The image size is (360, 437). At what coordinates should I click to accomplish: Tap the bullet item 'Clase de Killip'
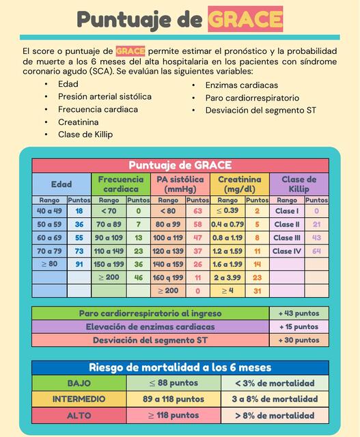point(85,135)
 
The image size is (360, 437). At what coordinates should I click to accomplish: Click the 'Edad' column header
point(61,184)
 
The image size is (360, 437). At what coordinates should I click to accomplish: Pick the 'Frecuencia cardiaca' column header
point(121,184)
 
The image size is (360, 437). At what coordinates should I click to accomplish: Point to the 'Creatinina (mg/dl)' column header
point(240,184)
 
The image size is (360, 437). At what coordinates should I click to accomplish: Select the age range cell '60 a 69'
point(49,238)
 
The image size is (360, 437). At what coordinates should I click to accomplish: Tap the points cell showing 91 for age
point(79,264)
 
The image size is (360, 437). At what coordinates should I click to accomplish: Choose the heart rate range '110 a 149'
point(109,251)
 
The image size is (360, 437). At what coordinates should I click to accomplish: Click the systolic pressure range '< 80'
point(168,211)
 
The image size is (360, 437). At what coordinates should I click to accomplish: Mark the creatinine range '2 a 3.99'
point(227,278)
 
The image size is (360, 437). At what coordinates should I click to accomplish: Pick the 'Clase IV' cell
point(287,251)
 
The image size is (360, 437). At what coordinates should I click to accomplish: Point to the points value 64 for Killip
point(316,251)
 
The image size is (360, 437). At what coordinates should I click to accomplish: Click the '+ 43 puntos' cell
point(299,313)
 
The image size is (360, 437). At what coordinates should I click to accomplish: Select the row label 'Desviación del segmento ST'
point(150,340)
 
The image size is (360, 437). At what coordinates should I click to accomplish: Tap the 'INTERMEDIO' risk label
point(79,399)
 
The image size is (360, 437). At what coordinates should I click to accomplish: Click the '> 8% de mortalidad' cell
point(275,415)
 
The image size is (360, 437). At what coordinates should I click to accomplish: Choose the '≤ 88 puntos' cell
point(174,383)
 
